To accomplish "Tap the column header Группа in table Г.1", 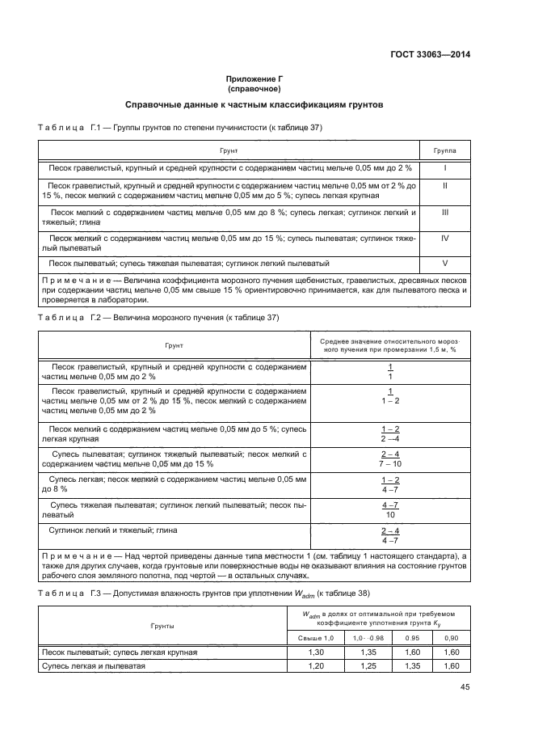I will tap(444, 150).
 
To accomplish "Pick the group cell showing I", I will tap(445, 168).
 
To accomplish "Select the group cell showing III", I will tap(445, 213).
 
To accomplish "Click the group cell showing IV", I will tap(445, 239).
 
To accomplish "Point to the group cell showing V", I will tap(445, 264).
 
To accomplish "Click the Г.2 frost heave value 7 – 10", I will tap(390, 465).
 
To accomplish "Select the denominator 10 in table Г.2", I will tap(390, 514).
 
